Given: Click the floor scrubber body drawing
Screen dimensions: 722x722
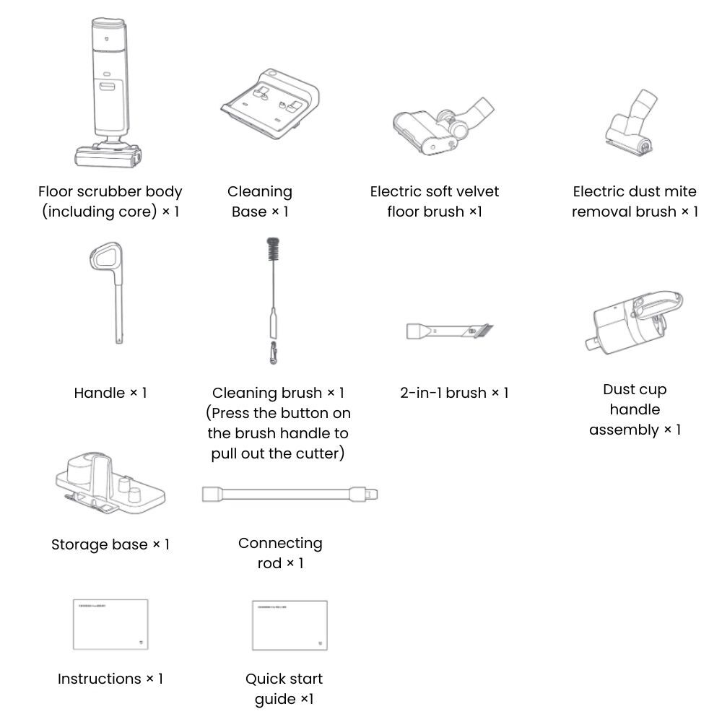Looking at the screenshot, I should [x=109, y=94].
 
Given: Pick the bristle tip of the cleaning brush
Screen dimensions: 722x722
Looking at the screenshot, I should [x=272, y=253].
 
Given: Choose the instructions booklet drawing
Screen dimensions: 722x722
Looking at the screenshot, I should [x=110, y=625].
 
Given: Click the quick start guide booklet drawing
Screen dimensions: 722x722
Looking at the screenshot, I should [x=289, y=625].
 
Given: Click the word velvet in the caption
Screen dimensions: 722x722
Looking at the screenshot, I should [x=477, y=192].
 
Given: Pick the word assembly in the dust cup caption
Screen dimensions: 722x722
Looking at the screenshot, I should [x=624, y=430].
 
